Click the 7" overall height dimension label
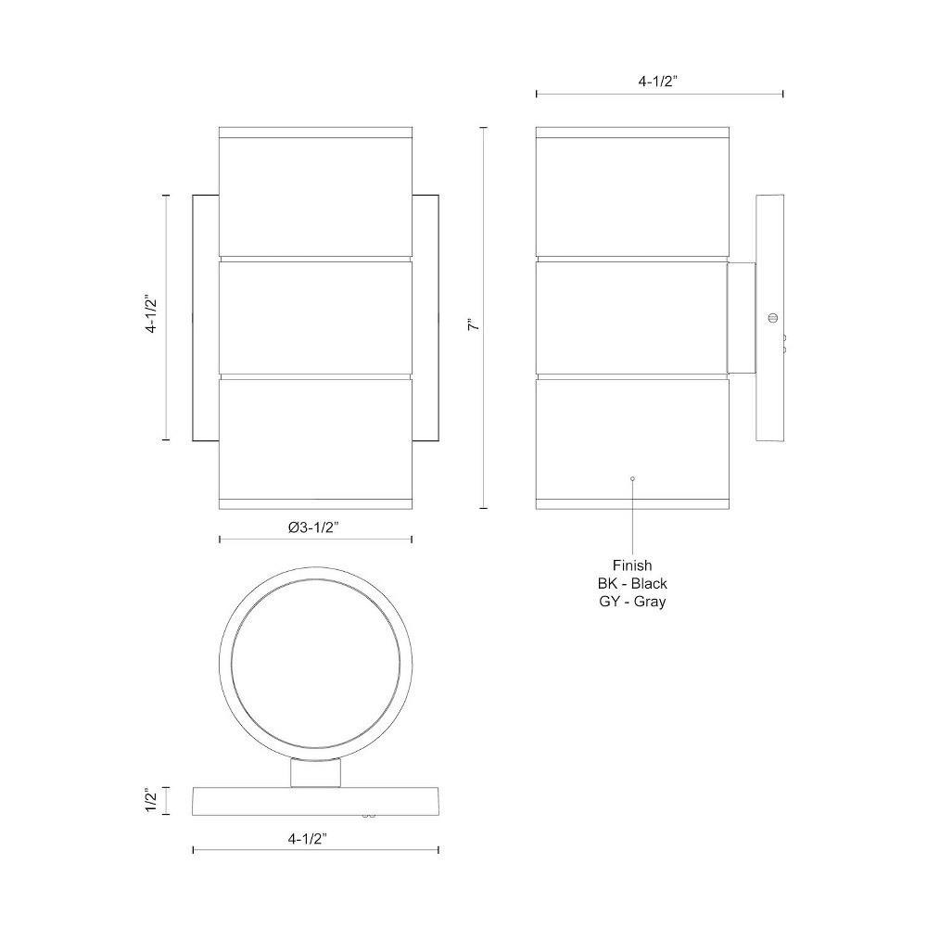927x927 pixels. pos(474,324)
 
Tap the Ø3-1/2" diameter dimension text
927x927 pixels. pos(313,527)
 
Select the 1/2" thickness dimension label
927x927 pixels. pos(152,800)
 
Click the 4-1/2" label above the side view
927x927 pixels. pos(657,82)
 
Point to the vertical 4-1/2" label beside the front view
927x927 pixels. pos(153,314)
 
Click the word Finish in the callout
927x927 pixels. pos(632,565)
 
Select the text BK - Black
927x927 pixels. pos(632,583)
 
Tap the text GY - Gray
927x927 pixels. pos(632,602)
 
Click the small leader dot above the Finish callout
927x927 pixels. pos(632,478)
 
